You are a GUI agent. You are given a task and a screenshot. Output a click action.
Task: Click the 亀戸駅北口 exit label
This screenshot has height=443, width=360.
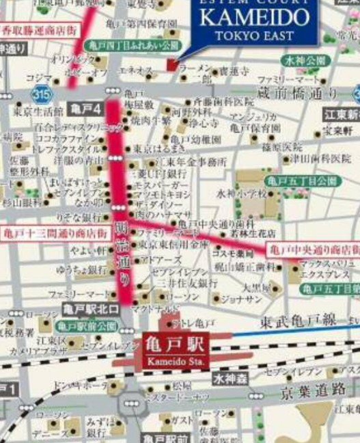point(90,310)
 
